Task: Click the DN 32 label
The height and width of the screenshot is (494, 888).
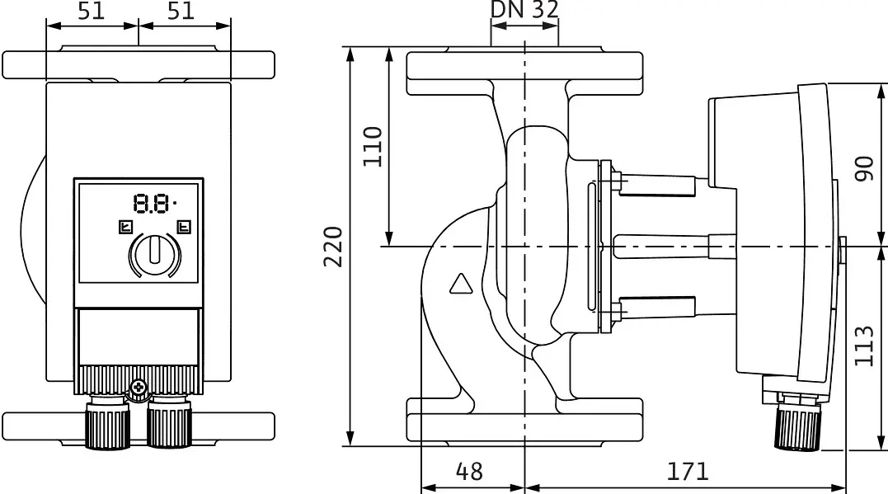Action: [524, 10]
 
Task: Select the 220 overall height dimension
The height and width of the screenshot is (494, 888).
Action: [334, 247]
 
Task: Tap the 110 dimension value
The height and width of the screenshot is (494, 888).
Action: [372, 147]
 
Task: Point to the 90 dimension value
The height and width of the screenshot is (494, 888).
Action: [864, 168]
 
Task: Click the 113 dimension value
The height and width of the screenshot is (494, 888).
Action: [864, 346]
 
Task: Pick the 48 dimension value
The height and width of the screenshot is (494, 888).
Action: [469, 472]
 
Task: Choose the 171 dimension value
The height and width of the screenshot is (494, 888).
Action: [687, 472]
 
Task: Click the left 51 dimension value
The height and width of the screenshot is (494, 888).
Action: [92, 10]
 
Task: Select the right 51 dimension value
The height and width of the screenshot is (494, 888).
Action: [181, 10]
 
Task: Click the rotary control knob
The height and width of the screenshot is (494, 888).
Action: [155, 254]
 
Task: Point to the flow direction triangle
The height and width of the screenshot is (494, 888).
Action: [461, 284]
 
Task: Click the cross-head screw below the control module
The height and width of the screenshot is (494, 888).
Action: [139, 388]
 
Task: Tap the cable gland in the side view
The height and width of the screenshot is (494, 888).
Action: [796, 423]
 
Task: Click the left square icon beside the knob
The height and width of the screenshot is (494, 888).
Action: [125, 227]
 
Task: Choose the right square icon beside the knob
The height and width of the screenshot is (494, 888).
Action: [184, 227]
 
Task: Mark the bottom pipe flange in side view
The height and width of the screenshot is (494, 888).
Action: [524, 422]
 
